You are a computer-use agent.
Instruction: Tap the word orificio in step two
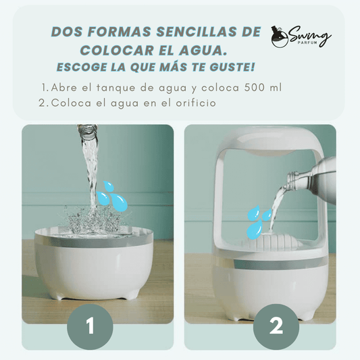pyautogui.click(x=196, y=103)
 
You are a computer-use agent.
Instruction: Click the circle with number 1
pyautogui.click(x=90, y=327)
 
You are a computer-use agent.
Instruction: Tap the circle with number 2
pyautogui.click(x=276, y=327)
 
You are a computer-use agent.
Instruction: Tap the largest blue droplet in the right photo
pyautogui.click(x=255, y=230)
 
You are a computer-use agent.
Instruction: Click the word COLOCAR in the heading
pyautogui.click(x=117, y=50)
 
